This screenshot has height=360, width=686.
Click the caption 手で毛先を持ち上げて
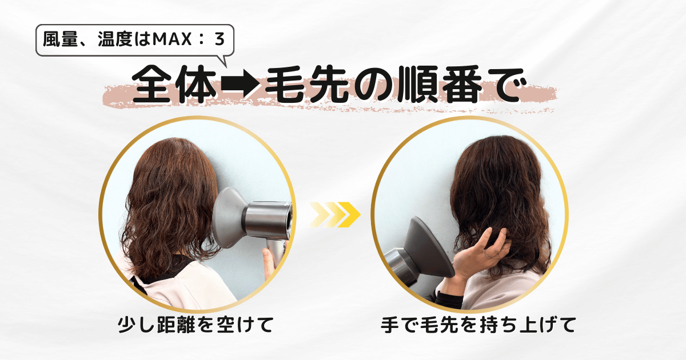478,326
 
